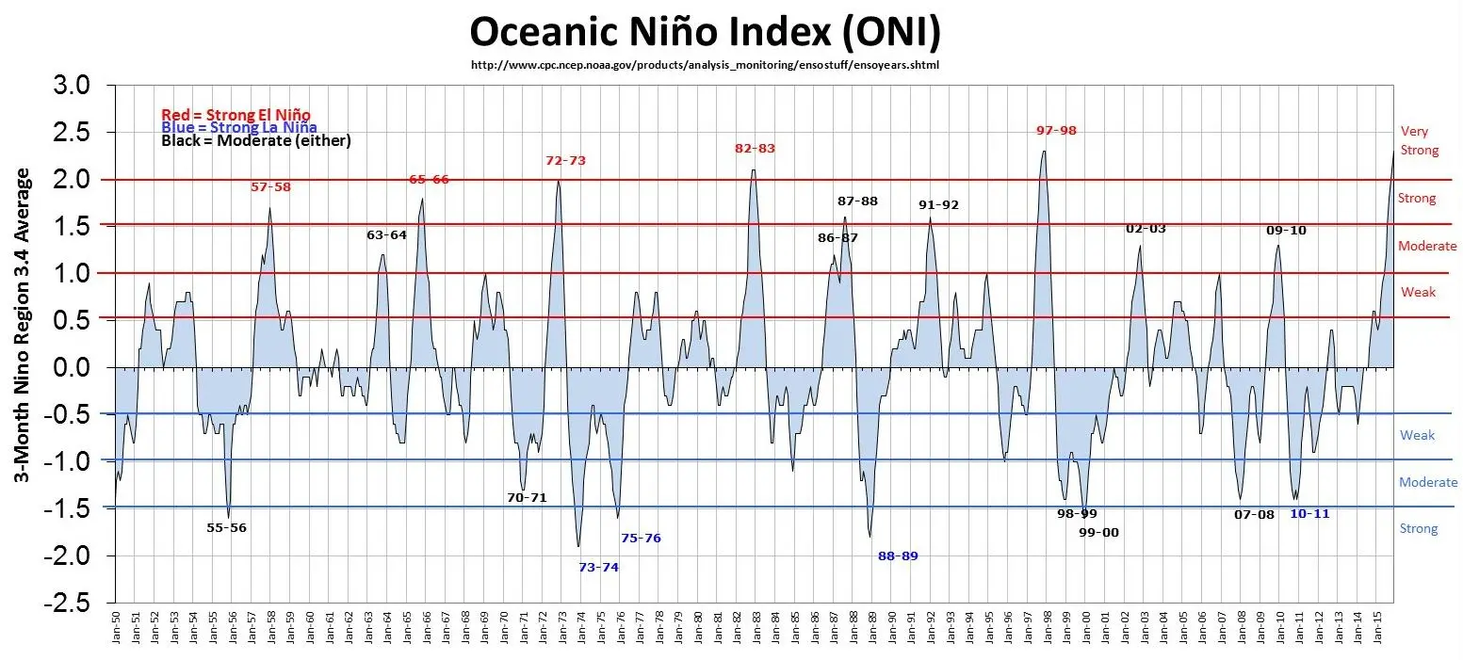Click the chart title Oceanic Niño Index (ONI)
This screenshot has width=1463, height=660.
tap(705, 32)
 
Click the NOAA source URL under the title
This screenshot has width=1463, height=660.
tap(705, 66)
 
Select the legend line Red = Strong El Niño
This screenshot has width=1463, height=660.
tap(236, 115)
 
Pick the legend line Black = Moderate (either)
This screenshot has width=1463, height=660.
tap(256, 141)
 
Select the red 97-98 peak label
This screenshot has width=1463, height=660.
tap(1055, 131)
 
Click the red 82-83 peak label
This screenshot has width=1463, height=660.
tap(755, 149)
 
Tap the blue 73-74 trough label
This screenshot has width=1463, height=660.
tap(598, 567)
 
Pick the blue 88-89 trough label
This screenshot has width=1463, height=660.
tap(898, 556)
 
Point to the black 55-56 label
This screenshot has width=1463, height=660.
tap(226, 528)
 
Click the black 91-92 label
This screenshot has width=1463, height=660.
tap(938, 205)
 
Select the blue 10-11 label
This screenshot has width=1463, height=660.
tap(1309, 514)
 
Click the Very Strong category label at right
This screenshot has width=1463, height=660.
tap(1420, 141)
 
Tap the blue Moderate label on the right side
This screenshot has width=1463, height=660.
tap(1428, 482)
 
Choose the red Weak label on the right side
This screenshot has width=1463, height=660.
tap(1418, 292)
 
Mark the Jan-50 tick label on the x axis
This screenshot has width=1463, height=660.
tap(115, 631)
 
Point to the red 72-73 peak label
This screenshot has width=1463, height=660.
tap(565, 161)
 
